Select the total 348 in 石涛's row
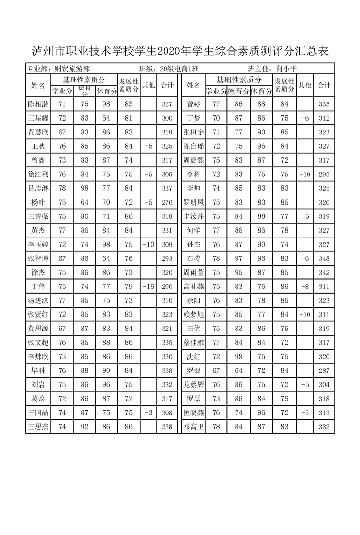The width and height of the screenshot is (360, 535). coord(324,259)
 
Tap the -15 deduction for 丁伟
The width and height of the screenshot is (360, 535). coord(148,287)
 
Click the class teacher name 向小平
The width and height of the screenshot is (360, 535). coord(286,69)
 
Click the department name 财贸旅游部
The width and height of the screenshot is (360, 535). coord(72,69)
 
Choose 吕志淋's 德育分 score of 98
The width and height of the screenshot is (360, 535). coord(84,188)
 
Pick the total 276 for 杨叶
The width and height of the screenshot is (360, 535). coord(167,203)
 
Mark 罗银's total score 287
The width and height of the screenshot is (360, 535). coord(324,370)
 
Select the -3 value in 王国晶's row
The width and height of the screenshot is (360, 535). coord(148,413)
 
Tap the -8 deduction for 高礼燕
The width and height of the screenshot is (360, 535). coord(305,287)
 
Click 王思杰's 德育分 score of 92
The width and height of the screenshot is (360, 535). coord(84,427)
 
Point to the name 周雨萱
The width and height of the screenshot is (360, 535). coord(193,273)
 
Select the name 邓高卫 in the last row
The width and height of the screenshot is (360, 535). coord(193,427)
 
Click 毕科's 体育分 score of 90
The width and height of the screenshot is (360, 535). coord(106,370)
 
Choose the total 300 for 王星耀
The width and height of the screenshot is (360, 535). coord(167,118)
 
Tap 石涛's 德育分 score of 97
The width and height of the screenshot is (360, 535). coord(238,259)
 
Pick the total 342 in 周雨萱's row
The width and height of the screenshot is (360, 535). coord(324,273)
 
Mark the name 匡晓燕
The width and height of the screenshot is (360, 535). coord(193,413)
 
